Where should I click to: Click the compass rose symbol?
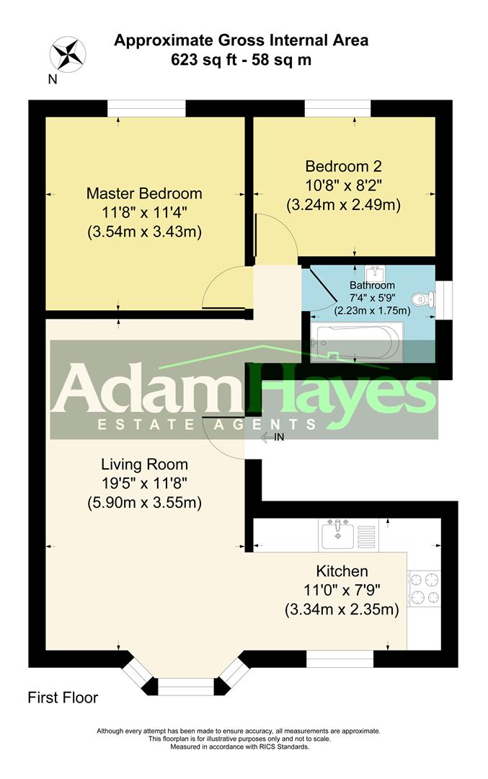click(x=68, y=55)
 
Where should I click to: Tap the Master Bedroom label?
click(x=144, y=193)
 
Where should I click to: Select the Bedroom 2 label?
click(x=342, y=164)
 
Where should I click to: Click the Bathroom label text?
click(x=372, y=285)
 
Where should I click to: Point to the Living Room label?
click(x=144, y=464)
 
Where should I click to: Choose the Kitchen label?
click(x=341, y=571)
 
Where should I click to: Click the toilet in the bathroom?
click(x=420, y=299)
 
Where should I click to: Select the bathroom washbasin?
click(x=373, y=273)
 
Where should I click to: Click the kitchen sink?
click(x=337, y=534)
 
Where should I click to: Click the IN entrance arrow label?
click(x=273, y=437)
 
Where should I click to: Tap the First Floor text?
click(x=63, y=697)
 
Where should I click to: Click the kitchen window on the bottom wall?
click(x=340, y=659)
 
